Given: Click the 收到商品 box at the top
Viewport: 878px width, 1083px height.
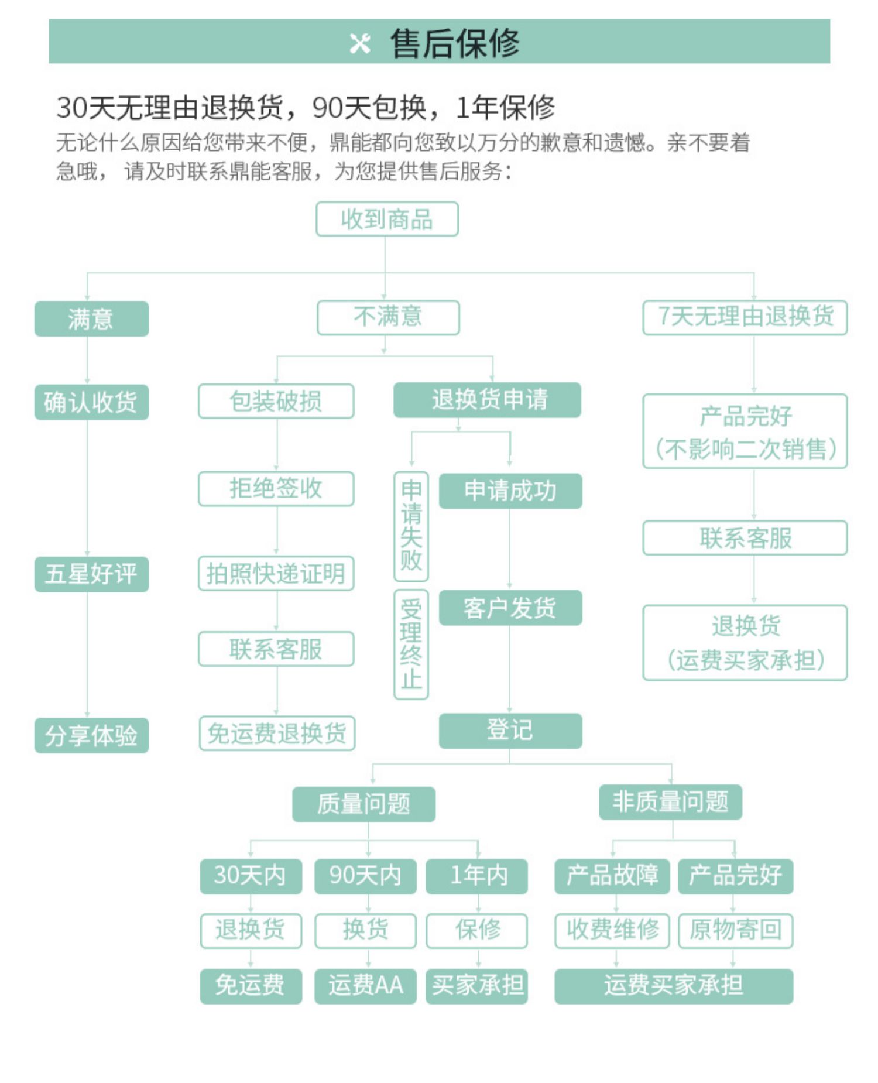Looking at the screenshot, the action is pyautogui.click(x=387, y=219).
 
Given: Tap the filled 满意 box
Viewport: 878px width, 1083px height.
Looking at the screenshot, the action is pyautogui.click(x=91, y=318).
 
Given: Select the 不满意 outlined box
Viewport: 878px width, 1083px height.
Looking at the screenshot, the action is pyautogui.click(x=388, y=317).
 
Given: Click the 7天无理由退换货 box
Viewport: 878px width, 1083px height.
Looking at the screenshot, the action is pyautogui.click(x=745, y=317).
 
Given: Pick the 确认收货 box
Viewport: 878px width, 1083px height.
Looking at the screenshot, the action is pyautogui.click(x=91, y=402).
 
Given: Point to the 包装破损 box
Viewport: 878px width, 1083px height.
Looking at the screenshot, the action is pyautogui.click(x=276, y=401).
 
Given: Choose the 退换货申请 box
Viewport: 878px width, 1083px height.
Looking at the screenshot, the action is pyautogui.click(x=487, y=400).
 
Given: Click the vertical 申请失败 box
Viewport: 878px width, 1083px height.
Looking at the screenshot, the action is pyautogui.click(x=411, y=526).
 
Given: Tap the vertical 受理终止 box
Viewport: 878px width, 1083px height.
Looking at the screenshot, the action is pyautogui.click(x=411, y=644).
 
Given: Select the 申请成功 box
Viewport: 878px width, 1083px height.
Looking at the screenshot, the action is pyautogui.click(x=510, y=491).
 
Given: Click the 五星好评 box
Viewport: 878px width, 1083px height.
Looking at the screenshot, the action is pyautogui.click(x=91, y=574).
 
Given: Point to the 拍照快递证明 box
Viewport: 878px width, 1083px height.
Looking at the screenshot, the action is pyautogui.click(x=276, y=573).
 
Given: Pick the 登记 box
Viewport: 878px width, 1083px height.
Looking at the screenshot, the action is pyautogui.click(x=510, y=731).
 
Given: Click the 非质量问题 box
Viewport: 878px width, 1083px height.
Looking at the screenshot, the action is pyautogui.click(x=670, y=802).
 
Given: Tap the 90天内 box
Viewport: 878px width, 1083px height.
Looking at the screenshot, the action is pyautogui.click(x=365, y=876).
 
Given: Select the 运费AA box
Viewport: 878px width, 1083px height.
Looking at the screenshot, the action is pyautogui.click(x=365, y=986).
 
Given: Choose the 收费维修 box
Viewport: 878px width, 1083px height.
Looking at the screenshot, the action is pyautogui.click(x=612, y=930).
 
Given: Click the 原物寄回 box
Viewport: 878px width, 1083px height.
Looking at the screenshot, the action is pyautogui.click(x=735, y=930).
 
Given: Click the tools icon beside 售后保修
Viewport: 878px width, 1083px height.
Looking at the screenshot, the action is pyautogui.click(x=360, y=43).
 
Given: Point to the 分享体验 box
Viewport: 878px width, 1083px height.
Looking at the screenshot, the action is pyautogui.click(x=91, y=735).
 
